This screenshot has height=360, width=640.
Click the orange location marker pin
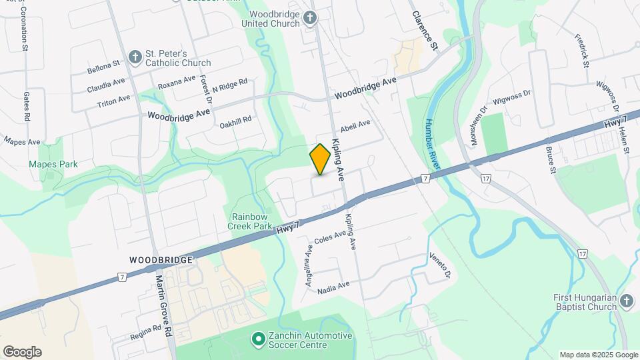tap(321, 159)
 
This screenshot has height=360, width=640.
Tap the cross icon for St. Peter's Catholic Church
tap(135, 57)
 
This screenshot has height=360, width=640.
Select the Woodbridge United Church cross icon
tap(310, 18)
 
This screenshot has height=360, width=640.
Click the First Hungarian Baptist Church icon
tap(626, 301)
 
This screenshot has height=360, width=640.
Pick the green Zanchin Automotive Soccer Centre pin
tap(258, 340)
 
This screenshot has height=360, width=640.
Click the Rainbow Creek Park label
tap(252, 221)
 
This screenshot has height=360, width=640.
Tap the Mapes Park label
tap(53, 164)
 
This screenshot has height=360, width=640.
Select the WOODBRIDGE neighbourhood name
tap(161, 259)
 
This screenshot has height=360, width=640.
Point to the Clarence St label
tap(425, 31)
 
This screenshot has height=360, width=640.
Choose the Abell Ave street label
tap(355, 125)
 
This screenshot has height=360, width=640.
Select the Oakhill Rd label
tap(237, 120)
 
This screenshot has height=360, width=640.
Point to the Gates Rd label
tap(27, 107)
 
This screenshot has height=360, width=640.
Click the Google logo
tap(22, 352)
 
